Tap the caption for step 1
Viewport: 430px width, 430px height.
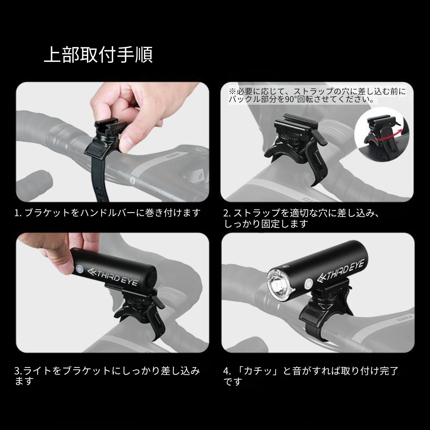[x=107, y=213]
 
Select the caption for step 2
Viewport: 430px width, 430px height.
[x=302, y=218]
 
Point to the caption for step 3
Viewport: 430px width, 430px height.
[x=107, y=376]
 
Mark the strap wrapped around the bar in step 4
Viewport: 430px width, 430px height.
[x=324, y=322]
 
